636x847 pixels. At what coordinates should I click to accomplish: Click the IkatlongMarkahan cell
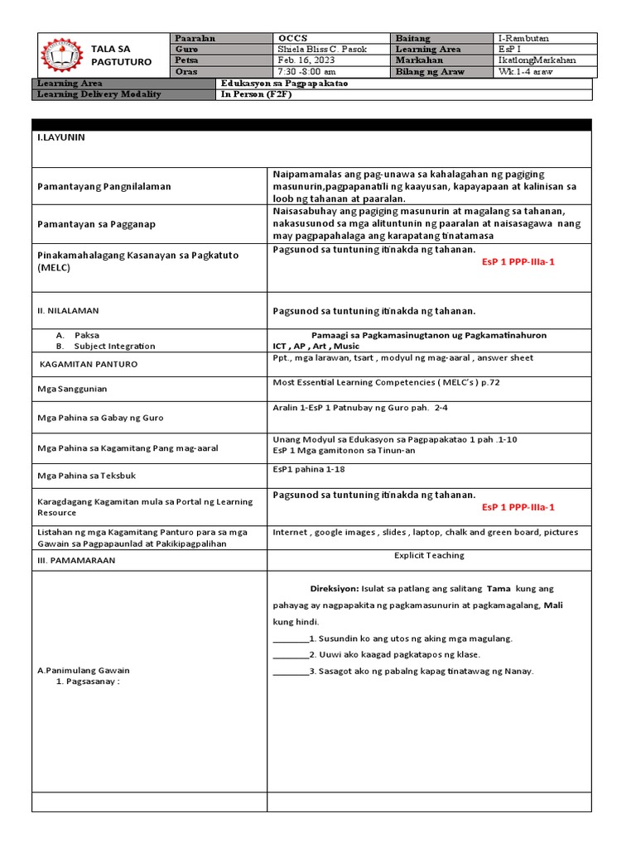tap(538, 60)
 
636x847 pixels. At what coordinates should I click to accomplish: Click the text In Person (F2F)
tap(257, 94)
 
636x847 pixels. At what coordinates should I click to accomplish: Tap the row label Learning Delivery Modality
tap(99, 94)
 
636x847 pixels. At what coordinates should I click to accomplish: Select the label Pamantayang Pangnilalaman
tap(104, 186)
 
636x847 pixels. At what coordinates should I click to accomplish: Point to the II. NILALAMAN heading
tap(68, 310)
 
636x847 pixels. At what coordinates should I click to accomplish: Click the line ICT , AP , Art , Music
tap(316, 346)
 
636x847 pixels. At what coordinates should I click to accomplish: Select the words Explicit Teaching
tap(429, 555)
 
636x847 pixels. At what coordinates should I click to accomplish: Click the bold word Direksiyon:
tap(335, 588)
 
